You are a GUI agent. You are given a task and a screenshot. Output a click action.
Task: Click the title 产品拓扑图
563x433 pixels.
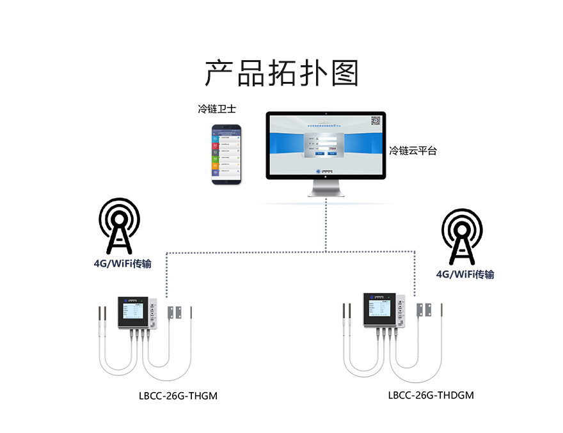click(x=281, y=74)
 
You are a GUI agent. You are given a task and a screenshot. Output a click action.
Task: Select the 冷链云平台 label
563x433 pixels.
click(x=413, y=152)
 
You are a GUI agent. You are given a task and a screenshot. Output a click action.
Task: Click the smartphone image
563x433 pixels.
click(x=227, y=155)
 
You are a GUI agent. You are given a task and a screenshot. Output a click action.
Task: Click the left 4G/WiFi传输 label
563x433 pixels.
click(x=122, y=264)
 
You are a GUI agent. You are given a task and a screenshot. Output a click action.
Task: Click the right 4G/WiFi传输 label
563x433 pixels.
click(x=465, y=274)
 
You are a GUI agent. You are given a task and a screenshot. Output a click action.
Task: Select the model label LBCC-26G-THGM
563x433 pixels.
click(x=178, y=396)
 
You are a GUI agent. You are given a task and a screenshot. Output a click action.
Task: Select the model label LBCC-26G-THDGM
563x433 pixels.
click(x=431, y=395)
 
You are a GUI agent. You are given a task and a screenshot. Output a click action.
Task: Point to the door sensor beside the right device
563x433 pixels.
click(x=424, y=309)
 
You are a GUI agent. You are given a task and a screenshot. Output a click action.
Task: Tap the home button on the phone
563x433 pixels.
click(x=227, y=182)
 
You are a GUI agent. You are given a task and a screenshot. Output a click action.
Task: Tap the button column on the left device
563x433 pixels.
click(x=152, y=313)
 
